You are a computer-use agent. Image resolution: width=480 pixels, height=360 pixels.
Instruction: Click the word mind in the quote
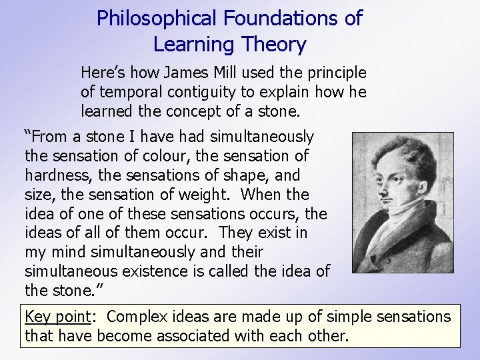click(x=69, y=253)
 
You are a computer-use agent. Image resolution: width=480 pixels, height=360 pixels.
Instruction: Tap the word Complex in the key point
click(x=138, y=316)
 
